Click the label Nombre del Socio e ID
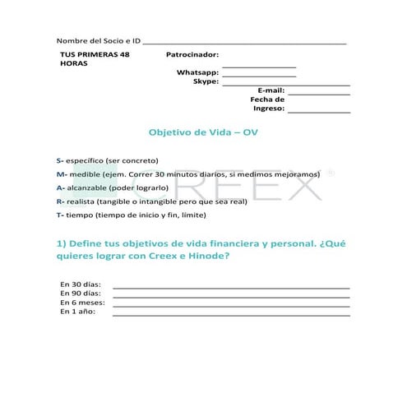[99, 40]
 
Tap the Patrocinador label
[192, 54]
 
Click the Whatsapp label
[197, 72]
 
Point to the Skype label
[206, 81]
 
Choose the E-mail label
[271, 90]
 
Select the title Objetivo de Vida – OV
[204, 132]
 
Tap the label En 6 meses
[83, 303]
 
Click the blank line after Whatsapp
[259, 76]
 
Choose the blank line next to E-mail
[319, 93]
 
